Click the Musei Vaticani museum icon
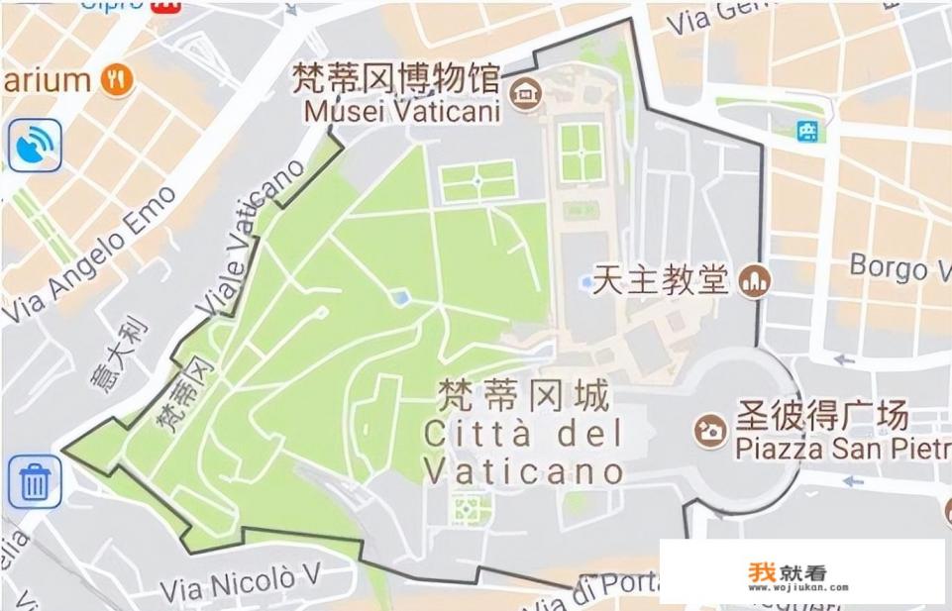(525, 95)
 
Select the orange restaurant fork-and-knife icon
(118, 80)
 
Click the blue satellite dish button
(36, 146)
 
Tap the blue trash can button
(36, 482)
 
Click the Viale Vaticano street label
(252, 237)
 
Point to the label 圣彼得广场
(821, 415)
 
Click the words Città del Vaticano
(523, 452)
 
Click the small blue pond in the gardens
(399, 297)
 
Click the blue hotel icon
(809, 130)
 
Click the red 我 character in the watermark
(761, 572)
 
